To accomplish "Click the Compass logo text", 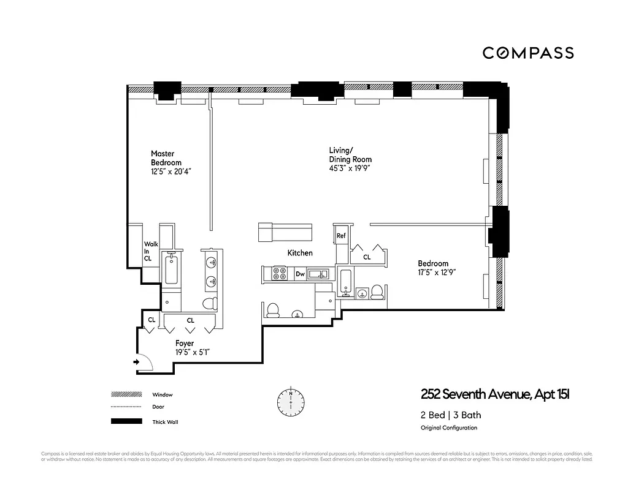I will point(528,53).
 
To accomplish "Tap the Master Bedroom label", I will point(166,158).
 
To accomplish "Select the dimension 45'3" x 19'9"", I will point(350,168).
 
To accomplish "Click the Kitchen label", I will point(300,253).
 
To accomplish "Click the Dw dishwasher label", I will point(301,275).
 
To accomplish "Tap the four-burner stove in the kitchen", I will point(279,273).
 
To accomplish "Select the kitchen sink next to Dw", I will point(318,274).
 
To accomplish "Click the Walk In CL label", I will point(150,252).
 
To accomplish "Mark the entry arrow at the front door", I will point(136,363).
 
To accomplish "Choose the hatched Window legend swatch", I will point(126,395).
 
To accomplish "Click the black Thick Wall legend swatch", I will point(126,421).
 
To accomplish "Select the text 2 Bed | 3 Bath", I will point(451,415).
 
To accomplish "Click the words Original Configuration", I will point(448,428).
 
